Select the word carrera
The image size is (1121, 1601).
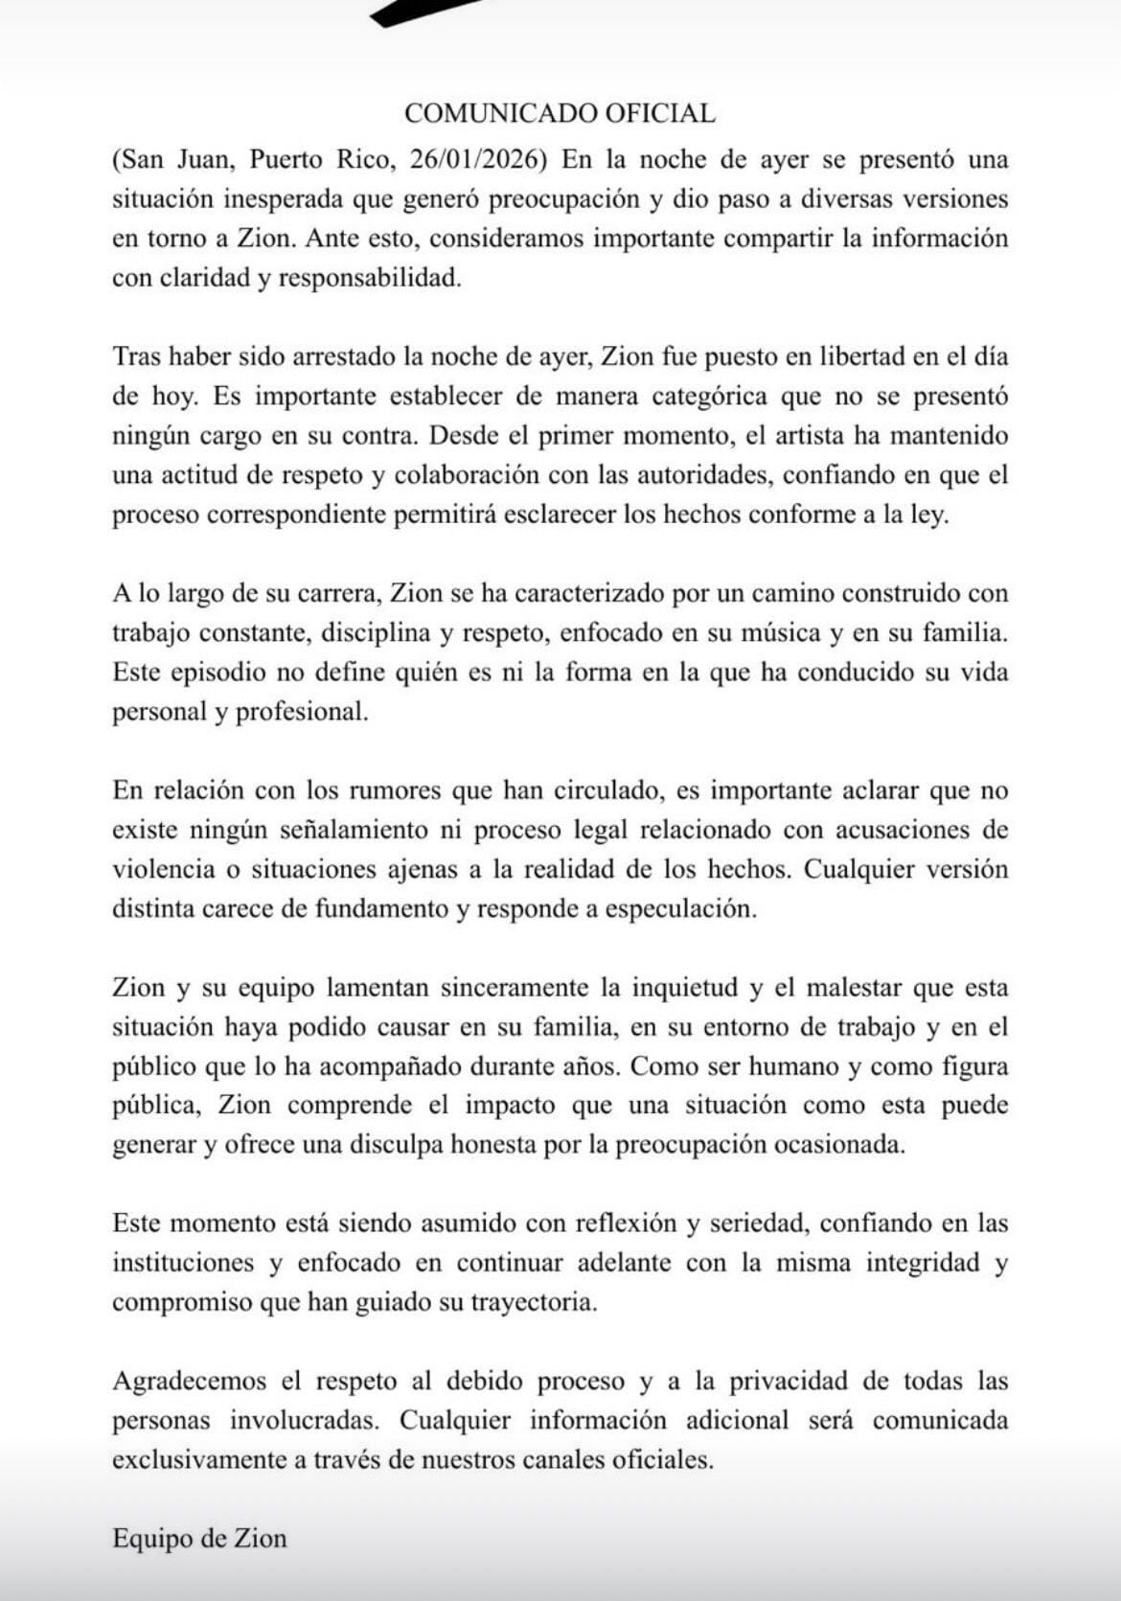(x=341, y=592)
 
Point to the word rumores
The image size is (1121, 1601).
(x=396, y=790)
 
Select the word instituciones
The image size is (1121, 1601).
(x=181, y=1263)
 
